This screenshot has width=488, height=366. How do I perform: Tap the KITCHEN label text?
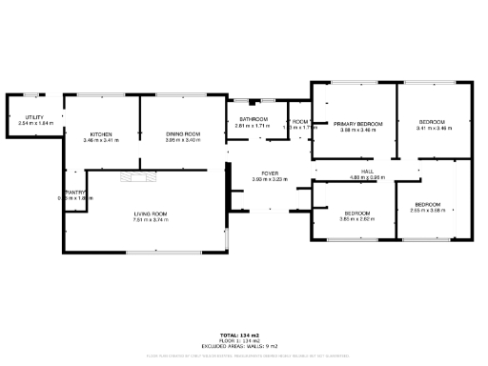click(x=101, y=134)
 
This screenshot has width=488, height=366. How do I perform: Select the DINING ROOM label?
click(x=182, y=134)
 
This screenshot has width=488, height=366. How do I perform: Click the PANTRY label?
click(x=76, y=193)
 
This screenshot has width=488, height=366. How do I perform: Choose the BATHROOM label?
click(x=254, y=119)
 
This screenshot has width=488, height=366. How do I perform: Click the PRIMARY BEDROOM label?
click(x=357, y=124)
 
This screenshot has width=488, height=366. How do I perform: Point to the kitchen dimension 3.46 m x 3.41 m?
click(x=101, y=141)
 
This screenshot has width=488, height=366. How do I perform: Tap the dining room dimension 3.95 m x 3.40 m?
click(x=182, y=141)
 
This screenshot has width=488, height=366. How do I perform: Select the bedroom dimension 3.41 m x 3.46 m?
click(x=433, y=130)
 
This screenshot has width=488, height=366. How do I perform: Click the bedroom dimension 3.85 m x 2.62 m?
click(x=357, y=218)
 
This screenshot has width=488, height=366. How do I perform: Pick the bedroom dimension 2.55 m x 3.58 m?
click(x=428, y=211)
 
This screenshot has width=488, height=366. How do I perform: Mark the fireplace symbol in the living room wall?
click(x=134, y=175)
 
